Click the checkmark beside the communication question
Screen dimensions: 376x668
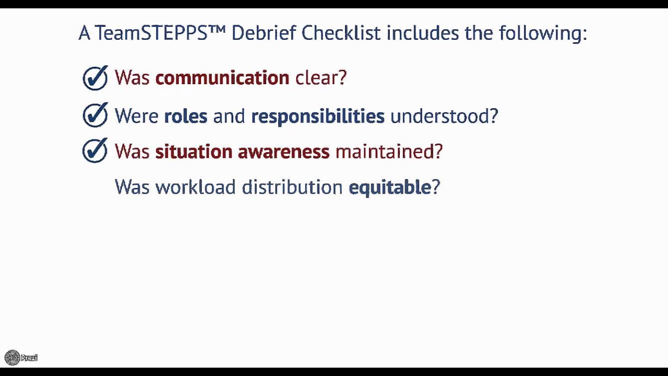pos(95,78)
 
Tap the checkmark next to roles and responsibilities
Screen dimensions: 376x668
pos(95,115)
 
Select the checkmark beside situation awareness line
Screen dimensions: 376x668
pos(95,151)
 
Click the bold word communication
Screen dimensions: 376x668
pos(222,78)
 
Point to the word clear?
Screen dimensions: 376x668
pos(321,78)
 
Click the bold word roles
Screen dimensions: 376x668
pos(185,116)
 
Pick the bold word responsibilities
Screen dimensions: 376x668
pos(317,116)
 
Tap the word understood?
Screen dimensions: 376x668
pos(444,116)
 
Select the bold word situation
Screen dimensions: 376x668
pos(194,151)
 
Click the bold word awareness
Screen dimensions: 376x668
pos(283,151)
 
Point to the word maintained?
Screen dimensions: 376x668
pos(389,151)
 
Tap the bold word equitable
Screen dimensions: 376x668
pos(389,187)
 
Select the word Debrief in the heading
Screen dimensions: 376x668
pos(264,33)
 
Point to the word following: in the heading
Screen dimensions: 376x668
pos(543,33)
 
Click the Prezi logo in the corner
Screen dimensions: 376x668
pos(21,358)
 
